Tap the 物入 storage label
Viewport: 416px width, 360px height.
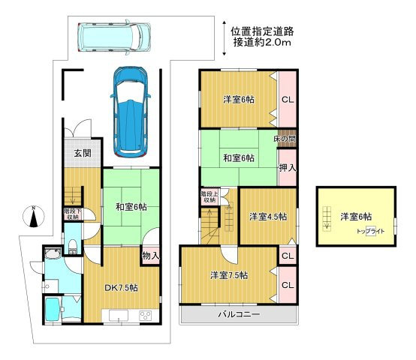click(x=150, y=256)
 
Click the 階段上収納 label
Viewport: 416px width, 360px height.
click(x=210, y=196)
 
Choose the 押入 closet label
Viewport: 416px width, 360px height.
click(x=287, y=168)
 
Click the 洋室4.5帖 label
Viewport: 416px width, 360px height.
click(x=268, y=217)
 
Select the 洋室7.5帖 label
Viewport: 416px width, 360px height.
click(x=230, y=274)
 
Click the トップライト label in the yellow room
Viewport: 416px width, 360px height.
click(x=371, y=230)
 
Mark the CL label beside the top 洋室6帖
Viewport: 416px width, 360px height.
click(x=288, y=99)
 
